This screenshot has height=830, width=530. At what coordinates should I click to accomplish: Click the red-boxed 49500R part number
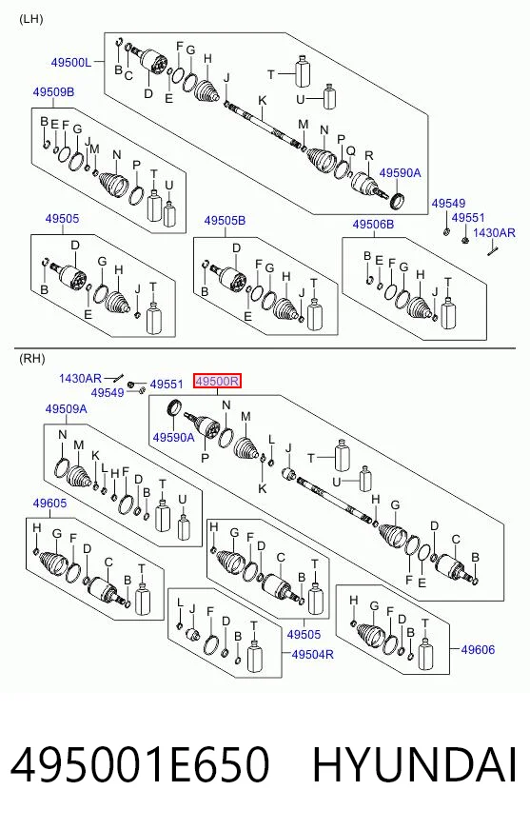tap(217, 381)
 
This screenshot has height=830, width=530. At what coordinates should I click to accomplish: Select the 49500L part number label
tap(70, 63)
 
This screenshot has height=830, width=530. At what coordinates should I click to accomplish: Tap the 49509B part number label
tap(53, 92)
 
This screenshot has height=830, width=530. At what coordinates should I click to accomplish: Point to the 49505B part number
tap(225, 221)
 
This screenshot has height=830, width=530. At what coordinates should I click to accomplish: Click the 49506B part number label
tap(373, 225)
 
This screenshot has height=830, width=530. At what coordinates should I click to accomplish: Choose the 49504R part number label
tap(313, 654)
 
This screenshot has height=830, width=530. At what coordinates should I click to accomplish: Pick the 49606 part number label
tap(478, 649)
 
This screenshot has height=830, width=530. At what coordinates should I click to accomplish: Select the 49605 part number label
tap(49, 503)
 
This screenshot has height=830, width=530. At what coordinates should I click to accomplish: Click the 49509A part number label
tap(66, 409)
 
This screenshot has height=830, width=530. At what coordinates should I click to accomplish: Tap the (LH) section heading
tap(30, 20)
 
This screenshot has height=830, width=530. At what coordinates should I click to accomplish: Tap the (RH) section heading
tap(31, 359)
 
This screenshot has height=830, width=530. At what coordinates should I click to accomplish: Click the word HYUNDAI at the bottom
tap(414, 764)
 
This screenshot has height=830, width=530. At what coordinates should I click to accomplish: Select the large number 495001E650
tap(140, 764)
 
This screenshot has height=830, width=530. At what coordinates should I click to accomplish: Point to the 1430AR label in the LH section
tap(494, 232)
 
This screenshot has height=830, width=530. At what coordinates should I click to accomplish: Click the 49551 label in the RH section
tap(167, 385)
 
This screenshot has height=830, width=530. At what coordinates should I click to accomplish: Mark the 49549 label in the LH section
tap(448, 204)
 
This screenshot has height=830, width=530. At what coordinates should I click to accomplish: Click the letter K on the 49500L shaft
tap(263, 101)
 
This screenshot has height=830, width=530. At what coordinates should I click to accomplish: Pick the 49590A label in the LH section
tap(400, 172)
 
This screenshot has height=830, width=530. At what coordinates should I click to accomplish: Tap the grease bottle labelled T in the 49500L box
tap(302, 72)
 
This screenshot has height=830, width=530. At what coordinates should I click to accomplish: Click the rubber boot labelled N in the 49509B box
tap(113, 186)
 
